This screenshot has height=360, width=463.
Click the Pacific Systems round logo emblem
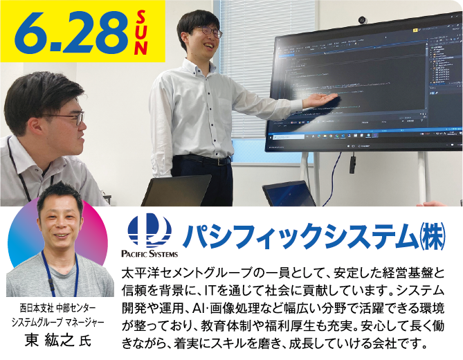[x=149, y=230]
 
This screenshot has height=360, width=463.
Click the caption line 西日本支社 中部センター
[x=57, y=306]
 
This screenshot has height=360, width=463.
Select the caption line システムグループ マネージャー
[x=57, y=321]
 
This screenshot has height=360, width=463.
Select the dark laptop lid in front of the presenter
[x=176, y=190]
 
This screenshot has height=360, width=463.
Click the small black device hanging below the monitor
[x=352, y=163]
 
